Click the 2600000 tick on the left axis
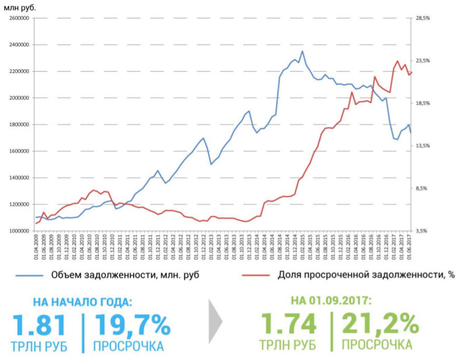[19, 19]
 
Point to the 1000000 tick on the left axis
[19, 231]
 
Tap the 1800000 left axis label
[19, 125]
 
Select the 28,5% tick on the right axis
[422, 19]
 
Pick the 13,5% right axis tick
[422, 146]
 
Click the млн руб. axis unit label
[20, 8]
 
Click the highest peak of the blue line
[302, 51]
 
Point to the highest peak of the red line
[397, 61]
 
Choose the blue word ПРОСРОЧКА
[128, 346]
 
